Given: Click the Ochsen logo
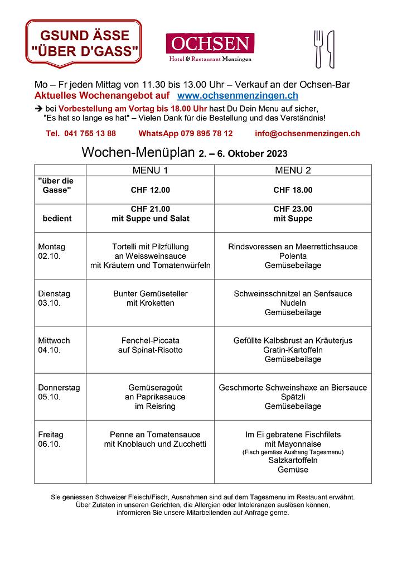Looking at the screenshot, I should click(210, 47).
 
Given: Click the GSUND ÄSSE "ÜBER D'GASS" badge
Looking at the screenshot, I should click(84, 44).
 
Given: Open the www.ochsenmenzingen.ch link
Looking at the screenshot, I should click(241, 97).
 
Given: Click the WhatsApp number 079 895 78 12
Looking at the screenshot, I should click(186, 134).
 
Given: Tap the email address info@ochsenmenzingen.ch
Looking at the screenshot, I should click(307, 134).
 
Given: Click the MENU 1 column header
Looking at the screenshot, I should click(150, 170).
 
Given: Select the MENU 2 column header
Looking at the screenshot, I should click(293, 170).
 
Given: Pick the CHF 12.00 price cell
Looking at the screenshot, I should click(150, 190).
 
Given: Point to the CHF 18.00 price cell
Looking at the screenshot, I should click(293, 190).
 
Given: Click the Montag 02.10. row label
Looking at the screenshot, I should click(52, 251).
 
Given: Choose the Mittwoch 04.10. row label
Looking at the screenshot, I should click(54, 345).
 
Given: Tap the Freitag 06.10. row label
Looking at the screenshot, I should click(51, 439).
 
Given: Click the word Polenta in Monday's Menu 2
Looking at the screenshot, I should click(293, 256).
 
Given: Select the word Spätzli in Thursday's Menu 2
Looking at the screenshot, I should click(293, 397).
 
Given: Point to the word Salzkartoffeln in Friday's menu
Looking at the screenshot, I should click(293, 461).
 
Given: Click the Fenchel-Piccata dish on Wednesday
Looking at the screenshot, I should click(150, 340).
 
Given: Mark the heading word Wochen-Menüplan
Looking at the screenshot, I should click(138, 152).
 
